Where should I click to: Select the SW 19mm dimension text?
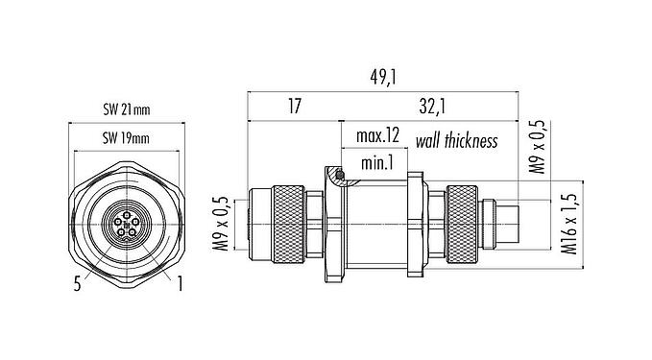tap(126, 140)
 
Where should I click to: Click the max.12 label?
tap(377, 137)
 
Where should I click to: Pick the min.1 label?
tap(374, 164)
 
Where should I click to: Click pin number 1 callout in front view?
tap(179, 282)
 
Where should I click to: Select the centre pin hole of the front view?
tap(126, 225)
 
